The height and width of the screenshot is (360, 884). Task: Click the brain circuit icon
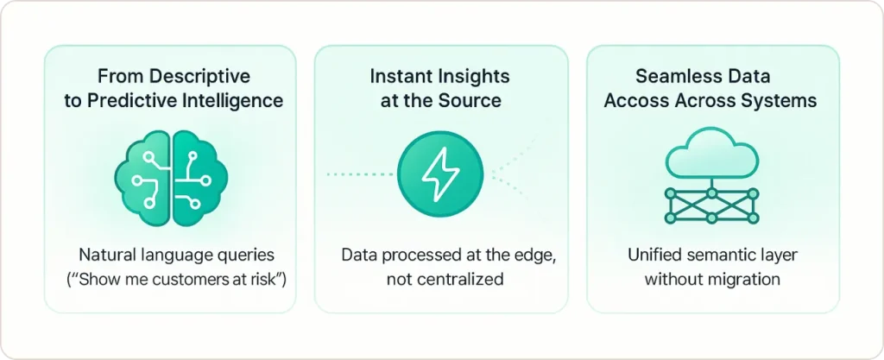click(171, 174)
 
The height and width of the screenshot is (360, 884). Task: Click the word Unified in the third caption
click(654, 256)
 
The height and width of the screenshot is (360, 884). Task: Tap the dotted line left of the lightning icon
click(358, 174)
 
